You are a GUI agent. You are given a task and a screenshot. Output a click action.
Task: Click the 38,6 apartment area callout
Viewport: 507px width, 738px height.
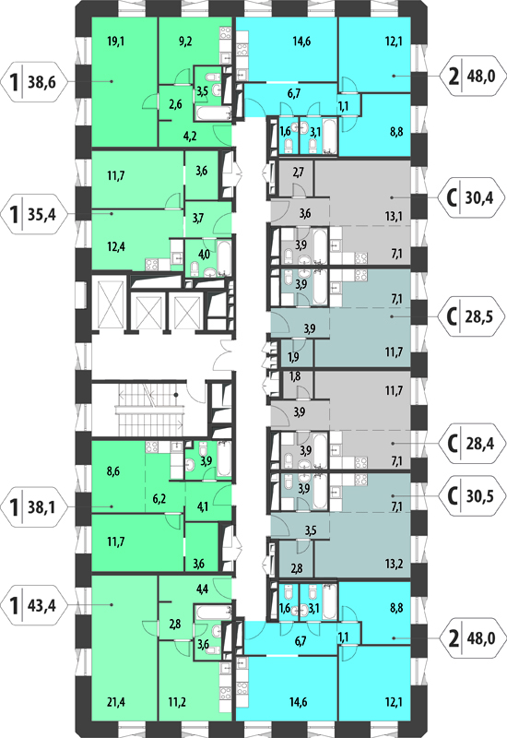point(35,82)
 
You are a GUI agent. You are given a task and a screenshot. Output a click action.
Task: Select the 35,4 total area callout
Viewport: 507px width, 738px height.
point(35,214)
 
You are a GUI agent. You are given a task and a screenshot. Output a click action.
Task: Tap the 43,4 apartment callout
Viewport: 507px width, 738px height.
point(35,605)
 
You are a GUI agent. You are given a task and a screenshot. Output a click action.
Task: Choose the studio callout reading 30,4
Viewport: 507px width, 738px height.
point(472,197)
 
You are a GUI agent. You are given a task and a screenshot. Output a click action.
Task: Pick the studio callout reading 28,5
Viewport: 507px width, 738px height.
point(472,316)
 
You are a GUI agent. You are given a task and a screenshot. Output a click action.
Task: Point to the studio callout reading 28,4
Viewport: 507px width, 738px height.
point(472,443)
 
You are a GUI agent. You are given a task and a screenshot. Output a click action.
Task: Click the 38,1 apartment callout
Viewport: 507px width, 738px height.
point(35,506)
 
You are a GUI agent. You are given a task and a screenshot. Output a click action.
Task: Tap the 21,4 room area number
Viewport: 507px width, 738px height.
point(115,702)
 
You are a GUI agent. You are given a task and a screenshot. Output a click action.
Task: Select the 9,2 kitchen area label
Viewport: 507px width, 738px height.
point(185,42)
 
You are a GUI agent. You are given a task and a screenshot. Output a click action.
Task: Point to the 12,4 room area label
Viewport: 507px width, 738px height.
point(116,246)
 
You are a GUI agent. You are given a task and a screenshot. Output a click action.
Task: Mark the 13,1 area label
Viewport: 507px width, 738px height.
point(394,217)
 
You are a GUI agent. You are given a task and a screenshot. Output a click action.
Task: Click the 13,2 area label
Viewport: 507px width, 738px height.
point(394,564)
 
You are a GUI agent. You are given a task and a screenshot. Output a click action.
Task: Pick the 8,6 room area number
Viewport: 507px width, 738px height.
point(112,471)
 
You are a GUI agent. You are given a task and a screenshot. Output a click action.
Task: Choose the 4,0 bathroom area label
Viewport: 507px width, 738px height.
point(204,255)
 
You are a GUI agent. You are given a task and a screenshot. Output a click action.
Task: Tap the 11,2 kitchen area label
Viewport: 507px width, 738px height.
point(177,702)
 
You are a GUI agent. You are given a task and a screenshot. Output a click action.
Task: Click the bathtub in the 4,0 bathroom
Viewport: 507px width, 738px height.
point(223,257)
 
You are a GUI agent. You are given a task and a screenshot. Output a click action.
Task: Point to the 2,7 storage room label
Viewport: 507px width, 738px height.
point(298,173)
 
